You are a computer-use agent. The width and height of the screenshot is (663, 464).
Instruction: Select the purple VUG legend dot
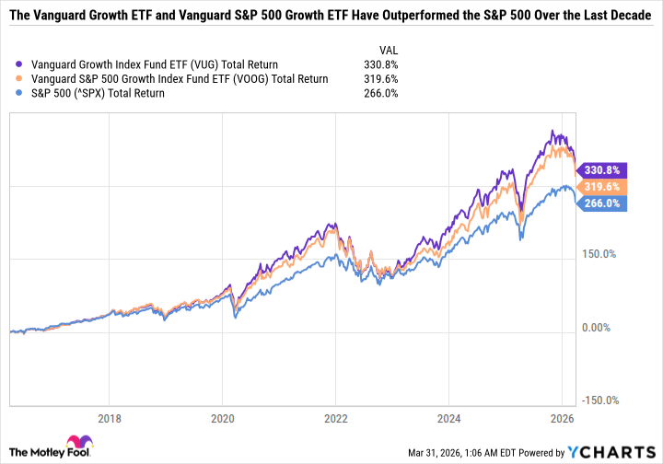21,64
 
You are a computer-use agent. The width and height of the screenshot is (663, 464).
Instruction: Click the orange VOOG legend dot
21,78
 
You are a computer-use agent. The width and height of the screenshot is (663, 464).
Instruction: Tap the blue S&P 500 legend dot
21,93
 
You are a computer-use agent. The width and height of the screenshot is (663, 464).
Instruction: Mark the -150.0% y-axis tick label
600,400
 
